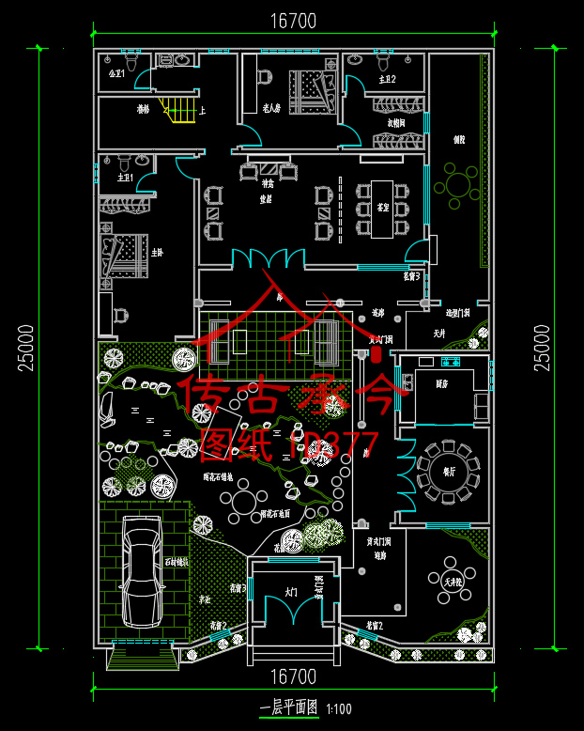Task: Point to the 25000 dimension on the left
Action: (25, 348)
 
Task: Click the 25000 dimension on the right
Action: (543, 348)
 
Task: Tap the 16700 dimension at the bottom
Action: (292, 677)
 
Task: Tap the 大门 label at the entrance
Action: (291, 593)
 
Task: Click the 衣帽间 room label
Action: (395, 122)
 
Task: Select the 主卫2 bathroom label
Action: (386, 80)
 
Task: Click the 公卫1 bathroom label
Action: (117, 73)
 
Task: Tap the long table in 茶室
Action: (382, 209)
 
